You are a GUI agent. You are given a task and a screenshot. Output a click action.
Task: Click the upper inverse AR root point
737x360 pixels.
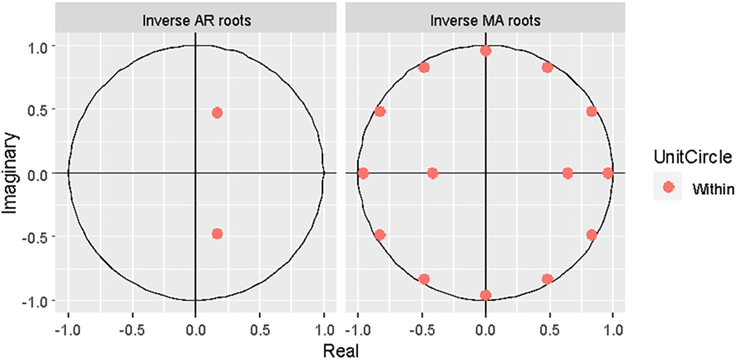[x=217, y=113]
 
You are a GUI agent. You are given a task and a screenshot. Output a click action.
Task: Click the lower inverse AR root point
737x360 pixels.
[x=217, y=233]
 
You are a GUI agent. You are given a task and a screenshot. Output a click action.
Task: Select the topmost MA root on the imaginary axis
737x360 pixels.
[x=485, y=51]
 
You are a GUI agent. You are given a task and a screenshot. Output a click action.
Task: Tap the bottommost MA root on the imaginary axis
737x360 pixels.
[x=485, y=295]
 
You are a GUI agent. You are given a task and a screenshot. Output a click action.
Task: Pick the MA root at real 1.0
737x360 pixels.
[x=608, y=173]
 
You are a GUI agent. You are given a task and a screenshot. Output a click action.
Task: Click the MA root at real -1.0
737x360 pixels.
[x=363, y=173]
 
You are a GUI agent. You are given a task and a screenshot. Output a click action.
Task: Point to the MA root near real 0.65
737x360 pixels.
[x=567, y=173]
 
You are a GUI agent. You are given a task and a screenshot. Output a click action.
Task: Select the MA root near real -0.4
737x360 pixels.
[x=432, y=173]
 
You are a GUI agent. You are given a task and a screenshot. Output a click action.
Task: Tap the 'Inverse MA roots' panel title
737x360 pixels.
[x=485, y=22]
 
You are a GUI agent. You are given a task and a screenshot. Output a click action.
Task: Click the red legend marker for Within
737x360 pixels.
[x=668, y=188]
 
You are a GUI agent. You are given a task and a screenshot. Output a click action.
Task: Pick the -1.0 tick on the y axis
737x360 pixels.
[x=38, y=300]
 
